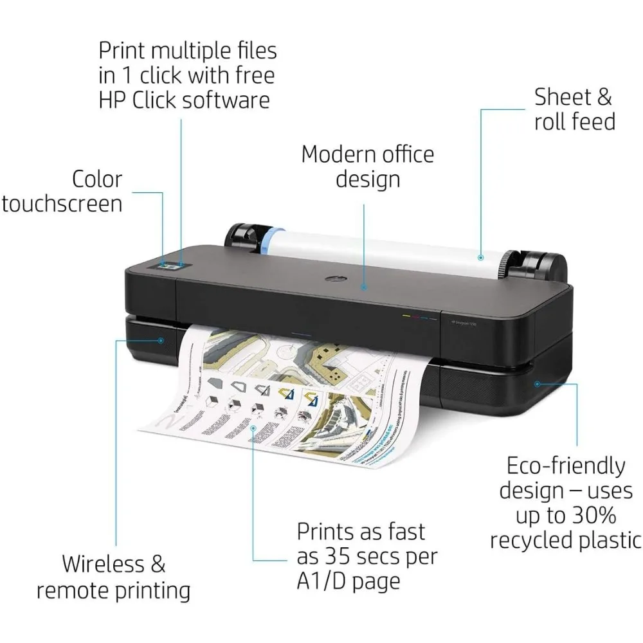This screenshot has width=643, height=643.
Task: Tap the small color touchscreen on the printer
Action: [x=170, y=264]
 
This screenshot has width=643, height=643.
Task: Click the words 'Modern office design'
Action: [x=367, y=166]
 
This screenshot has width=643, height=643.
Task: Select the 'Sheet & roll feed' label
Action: [x=574, y=109]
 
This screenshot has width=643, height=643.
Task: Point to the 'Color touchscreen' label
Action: [x=62, y=191]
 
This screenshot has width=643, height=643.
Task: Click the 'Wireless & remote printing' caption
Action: [x=113, y=577]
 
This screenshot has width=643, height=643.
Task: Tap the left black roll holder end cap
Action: [x=240, y=237]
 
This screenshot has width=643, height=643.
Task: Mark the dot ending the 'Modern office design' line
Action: [x=365, y=288]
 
